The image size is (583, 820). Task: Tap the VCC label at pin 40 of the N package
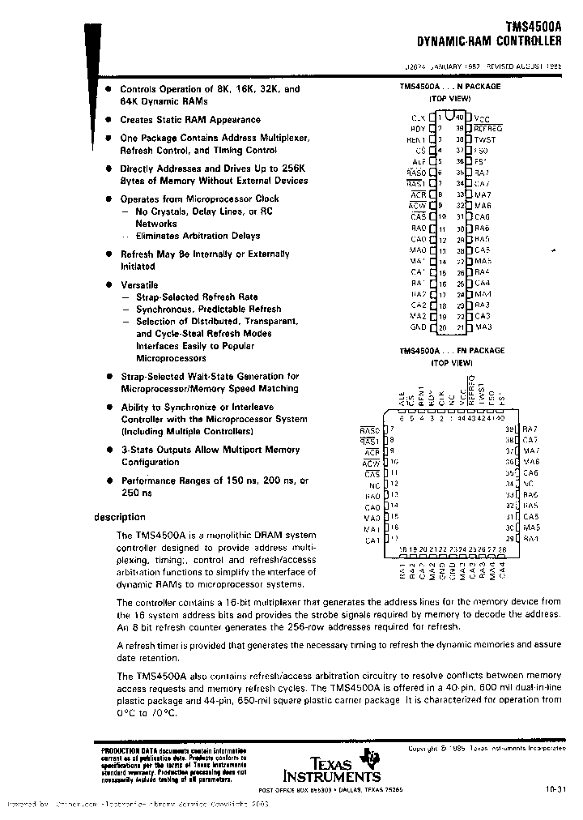pos(482,118)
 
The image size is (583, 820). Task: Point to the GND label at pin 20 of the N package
pos(418,327)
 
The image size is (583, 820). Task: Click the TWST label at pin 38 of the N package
pos(485,139)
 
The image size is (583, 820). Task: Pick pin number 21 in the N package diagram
pos(461,327)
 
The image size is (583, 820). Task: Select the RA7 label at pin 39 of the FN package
pos(530,429)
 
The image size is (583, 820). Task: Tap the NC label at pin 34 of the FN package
pos(529,483)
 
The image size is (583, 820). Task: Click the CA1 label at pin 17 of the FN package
pos(372,539)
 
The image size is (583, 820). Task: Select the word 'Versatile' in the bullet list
pos(139,285)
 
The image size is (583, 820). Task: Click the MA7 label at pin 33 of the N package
pos(483,195)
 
